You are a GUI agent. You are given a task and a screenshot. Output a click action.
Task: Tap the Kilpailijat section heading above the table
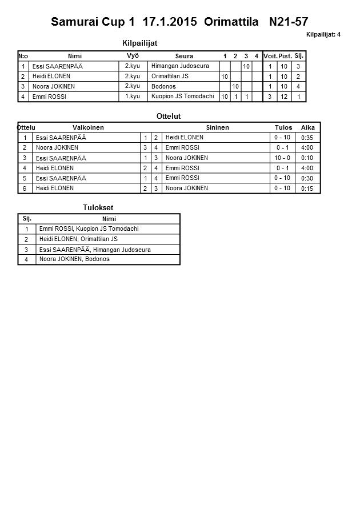140,43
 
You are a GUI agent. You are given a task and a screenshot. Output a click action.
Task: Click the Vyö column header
133,55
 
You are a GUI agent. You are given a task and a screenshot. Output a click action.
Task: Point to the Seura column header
184,56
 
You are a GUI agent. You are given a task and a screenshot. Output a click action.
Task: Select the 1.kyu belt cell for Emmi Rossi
133,97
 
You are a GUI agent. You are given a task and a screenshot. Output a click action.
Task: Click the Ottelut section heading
169,116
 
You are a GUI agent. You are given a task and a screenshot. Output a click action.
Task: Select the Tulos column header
283,127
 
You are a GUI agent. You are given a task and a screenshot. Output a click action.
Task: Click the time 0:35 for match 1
307,138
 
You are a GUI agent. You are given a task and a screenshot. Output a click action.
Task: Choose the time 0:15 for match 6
307,189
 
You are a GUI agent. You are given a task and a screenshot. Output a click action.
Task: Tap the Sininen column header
217,127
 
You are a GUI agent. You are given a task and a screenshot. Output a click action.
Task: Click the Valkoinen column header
88,127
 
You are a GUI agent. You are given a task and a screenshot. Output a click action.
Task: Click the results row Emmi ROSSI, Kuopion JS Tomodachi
89,229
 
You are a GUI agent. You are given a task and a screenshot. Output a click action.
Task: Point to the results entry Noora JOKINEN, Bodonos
74,259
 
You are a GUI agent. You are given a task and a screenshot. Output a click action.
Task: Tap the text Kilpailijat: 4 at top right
323,35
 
